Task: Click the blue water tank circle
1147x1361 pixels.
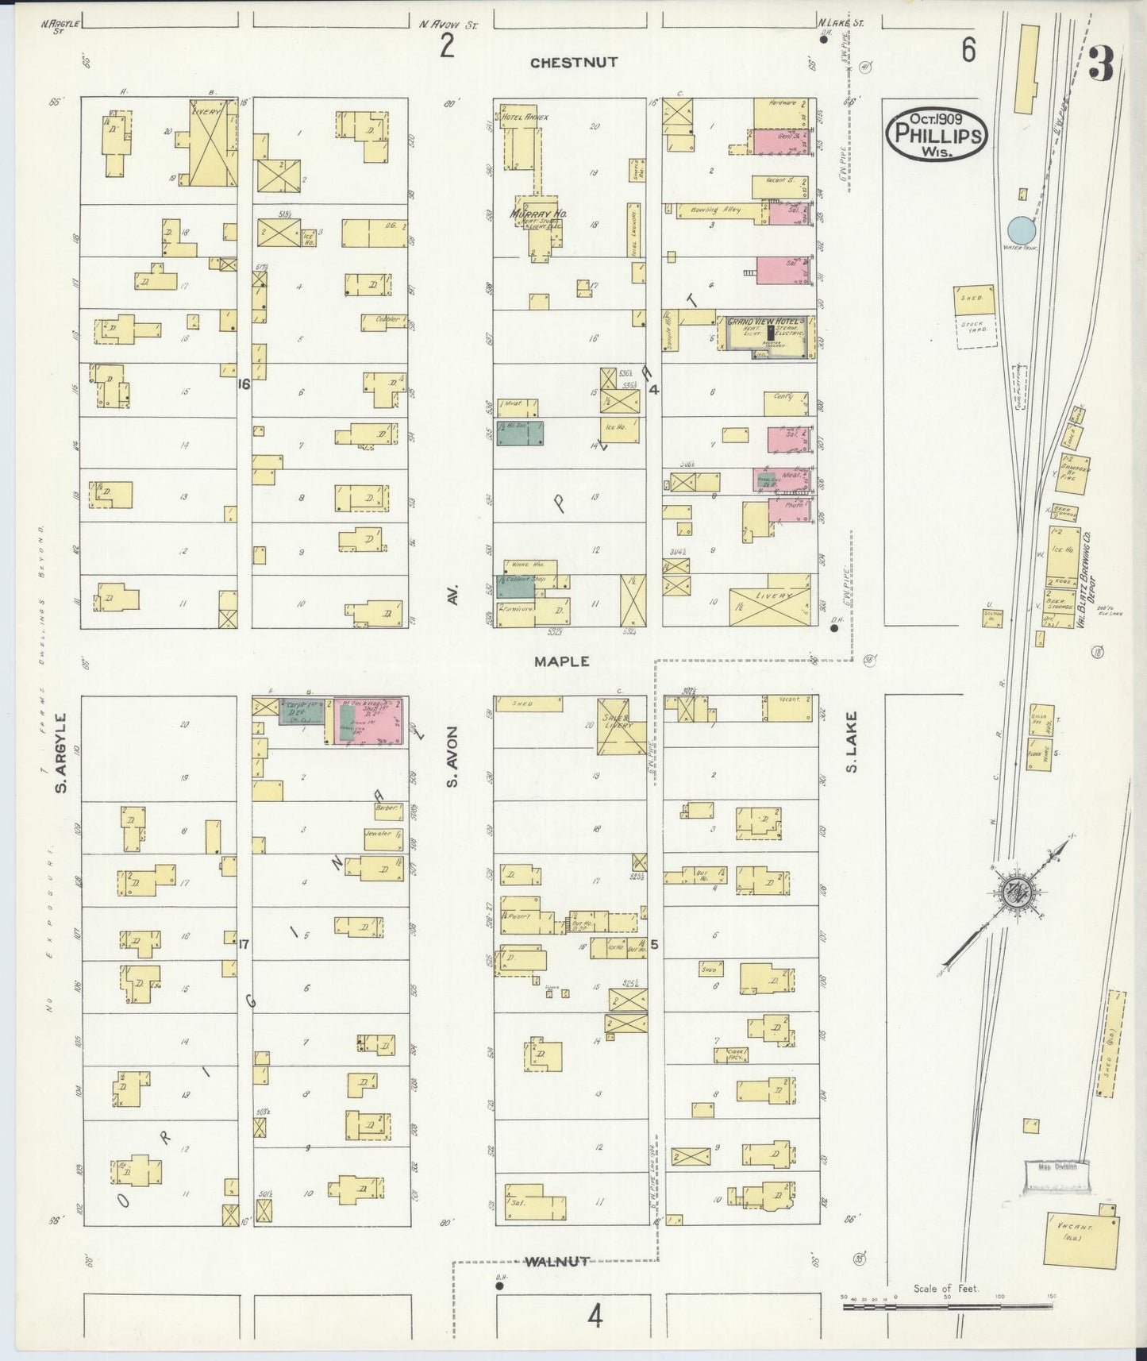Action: (x=1022, y=231)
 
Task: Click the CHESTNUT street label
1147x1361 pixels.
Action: (x=573, y=63)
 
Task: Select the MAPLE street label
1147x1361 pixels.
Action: (x=561, y=661)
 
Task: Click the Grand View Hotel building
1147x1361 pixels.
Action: (x=767, y=337)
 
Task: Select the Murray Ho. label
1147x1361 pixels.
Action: (x=532, y=214)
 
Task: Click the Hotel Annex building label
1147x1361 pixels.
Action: (x=530, y=116)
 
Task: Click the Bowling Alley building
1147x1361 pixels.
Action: (x=719, y=210)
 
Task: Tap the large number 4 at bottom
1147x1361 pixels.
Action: (x=595, y=1317)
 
